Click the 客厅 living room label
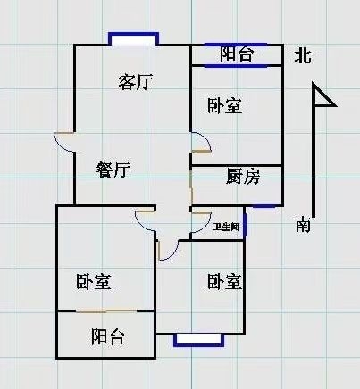[x=136, y=82]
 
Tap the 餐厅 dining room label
[x=113, y=170]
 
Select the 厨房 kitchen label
[x=243, y=176]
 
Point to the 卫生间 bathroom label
[x=226, y=228]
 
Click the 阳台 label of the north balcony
[x=237, y=54]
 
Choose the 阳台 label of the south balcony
[x=107, y=336]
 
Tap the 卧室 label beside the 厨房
[x=225, y=105]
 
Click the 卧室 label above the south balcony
[x=94, y=281]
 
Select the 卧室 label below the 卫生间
[x=225, y=281]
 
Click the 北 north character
[x=303, y=56]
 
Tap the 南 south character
[x=303, y=225]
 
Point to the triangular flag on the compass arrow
[x=324, y=95]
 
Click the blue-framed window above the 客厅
[x=133, y=39]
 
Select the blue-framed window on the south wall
[x=199, y=340]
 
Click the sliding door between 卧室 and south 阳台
[x=106, y=311]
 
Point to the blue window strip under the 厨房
[x=264, y=206]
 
